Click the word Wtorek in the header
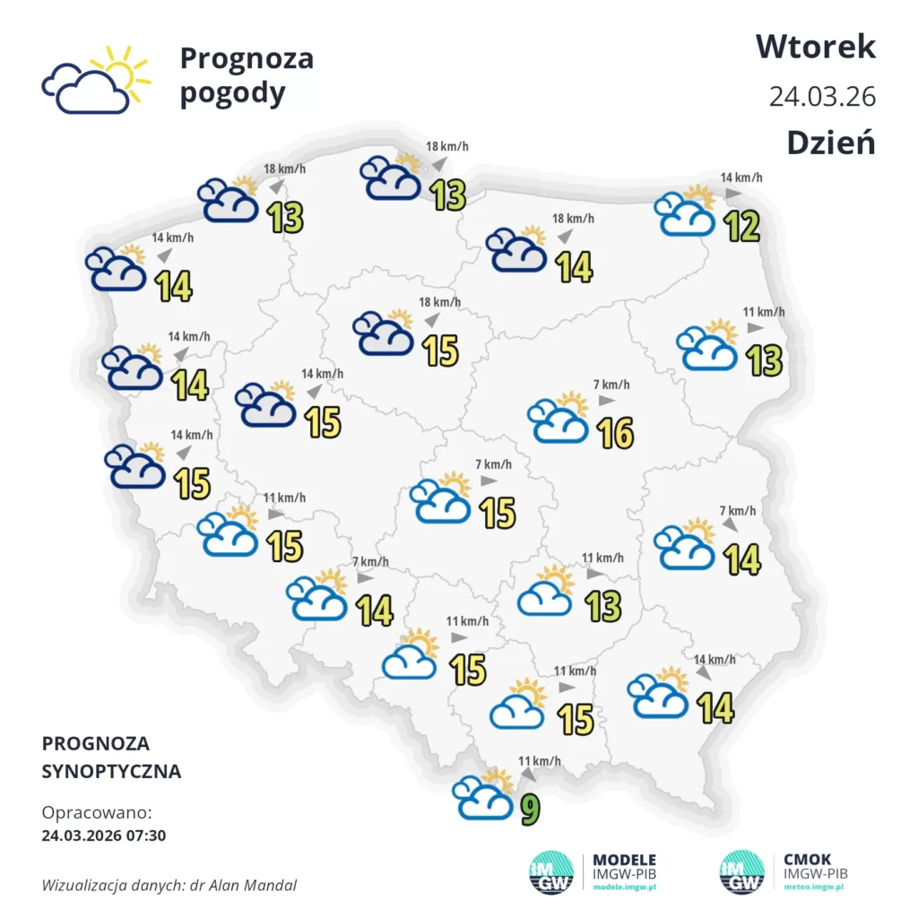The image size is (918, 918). click(x=815, y=46)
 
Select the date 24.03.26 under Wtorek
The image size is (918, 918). click(x=821, y=96)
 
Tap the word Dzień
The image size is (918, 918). click(x=830, y=143)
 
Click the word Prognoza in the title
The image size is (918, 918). click(x=247, y=58)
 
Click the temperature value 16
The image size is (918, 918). click(x=614, y=433)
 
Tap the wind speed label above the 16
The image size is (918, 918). click(x=611, y=385)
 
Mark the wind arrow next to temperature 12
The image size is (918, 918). click(x=732, y=194)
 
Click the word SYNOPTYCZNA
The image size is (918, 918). click(x=111, y=771)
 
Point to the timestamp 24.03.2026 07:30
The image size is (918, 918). click(x=103, y=836)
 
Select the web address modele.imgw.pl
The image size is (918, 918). click(x=625, y=887)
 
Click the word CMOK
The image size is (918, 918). click(x=807, y=859)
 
